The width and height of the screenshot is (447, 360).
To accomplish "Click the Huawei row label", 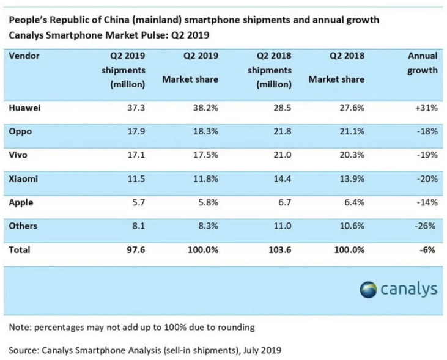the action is pyautogui.click(x=24, y=108).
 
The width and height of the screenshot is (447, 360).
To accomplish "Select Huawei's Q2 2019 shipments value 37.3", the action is pyautogui.click(x=136, y=108).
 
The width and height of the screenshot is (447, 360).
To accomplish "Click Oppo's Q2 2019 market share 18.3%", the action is pyautogui.click(x=205, y=131).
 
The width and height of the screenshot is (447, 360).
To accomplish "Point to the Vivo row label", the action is pyautogui.click(x=18, y=155).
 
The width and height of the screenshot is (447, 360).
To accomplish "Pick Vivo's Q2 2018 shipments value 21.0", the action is pyautogui.click(x=283, y=155).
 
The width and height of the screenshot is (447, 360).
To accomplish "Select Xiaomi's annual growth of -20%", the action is pyautogui.click(x=427, y=178).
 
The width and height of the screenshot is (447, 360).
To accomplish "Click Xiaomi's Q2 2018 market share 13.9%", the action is pyautogui.click(x=352, y=178).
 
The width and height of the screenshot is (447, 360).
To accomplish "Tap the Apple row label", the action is pyautogui.click(x=21, y=203).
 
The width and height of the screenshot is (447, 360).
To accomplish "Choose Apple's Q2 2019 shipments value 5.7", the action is pyautogui.click(x=139, y=202).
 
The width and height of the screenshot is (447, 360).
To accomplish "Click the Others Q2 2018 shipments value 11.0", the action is pyautogui.click(x=283, y=226).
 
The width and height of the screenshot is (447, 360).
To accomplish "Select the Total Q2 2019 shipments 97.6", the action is pyautogui.click(x=136, y=250).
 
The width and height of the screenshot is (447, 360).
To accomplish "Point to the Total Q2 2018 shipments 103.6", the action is pyautogui.click(x=280, y=250).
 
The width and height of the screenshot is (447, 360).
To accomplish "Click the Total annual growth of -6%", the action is pyautogui.click(x=427, y=250).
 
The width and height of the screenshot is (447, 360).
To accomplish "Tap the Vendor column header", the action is pyautogui.click(x=24, y=56).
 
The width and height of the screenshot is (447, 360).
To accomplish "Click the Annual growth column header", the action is pyautogui.click(x=423, y=63).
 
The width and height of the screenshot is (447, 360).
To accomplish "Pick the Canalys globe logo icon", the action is pyautogui.click(x=368, y=290).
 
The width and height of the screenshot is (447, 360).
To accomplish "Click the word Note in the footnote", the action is pyautogui.click(x=19, y=327).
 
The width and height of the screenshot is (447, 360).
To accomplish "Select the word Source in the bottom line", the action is pyautogui.click(x=23, y=350).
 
